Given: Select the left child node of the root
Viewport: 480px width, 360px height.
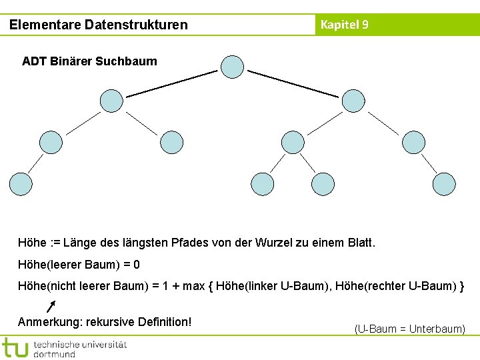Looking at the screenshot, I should (111, 101).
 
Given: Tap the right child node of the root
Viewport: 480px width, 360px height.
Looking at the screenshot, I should (353, 101).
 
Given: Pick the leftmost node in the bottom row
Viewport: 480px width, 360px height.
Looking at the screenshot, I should (20, 184).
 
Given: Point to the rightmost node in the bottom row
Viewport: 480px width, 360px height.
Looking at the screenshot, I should (444, 184).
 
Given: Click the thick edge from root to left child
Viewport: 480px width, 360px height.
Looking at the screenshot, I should (172, 84).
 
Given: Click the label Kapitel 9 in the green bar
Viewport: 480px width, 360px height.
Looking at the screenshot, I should (344, 25).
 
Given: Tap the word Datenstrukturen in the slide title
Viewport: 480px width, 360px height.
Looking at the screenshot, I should (136, 25).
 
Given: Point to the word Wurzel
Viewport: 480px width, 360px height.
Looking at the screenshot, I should (273, 243).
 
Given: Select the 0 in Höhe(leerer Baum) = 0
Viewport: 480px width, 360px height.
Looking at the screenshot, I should (137, 265).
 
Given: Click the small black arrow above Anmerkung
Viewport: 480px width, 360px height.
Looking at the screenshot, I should (51, 306).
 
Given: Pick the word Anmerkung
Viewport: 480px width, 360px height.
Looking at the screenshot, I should (47, 322).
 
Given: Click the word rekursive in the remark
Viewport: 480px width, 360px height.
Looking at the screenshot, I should (110, 322).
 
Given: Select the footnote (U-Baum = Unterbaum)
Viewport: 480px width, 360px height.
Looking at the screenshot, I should (409, 329).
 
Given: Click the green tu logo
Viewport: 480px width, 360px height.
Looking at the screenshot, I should (15, 347).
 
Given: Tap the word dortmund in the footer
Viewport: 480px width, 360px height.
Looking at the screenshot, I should (55, 354).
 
